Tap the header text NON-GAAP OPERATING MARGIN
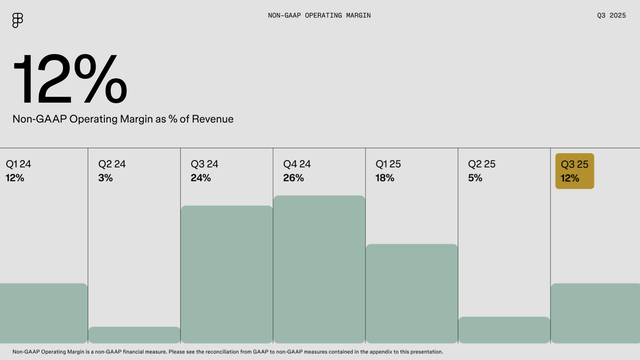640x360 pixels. pyautogui.click(x=319, y=16)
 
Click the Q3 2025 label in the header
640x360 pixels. pyautogui.click(x=610, y=16)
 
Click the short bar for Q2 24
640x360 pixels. pyautogui.click(x=135, y=335)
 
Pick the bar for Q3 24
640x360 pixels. pyautogui.click(x=227, y=274)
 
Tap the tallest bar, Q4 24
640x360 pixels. pyautogui.click(x=319, y=269)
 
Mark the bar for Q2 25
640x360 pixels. pyautogui.click(x=504, y=330)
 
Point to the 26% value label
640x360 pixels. pyautogui.click(x=293, y=178)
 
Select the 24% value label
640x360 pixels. pyautogui.click(x=201, y=178)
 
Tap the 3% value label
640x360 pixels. pyautogui.click(x=106, y=178)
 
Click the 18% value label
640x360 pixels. pyautogui.click(x=385, y=178)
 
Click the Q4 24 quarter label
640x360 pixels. pyautogui.click(x=297, y=163)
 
